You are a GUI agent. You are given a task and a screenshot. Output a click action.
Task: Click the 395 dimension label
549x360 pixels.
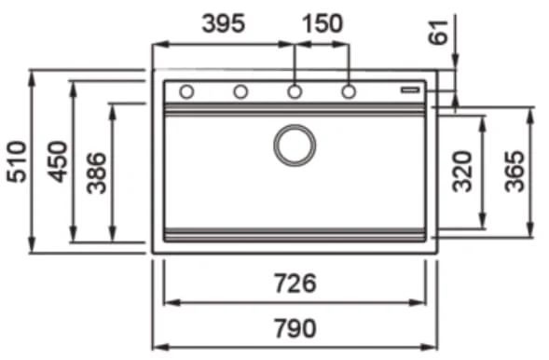[224, 23]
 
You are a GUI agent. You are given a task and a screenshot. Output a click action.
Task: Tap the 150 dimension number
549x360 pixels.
[323, 23]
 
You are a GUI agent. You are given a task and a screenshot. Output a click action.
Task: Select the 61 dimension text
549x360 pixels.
[438, 33]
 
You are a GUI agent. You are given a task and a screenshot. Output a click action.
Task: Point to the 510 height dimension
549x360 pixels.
[17, 161]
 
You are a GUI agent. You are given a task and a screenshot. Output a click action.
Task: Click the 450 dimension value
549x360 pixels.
[58, 161]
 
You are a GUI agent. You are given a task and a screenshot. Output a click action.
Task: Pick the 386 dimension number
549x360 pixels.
[97, 173]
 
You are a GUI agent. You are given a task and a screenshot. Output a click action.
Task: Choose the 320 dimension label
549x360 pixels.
[462, 172]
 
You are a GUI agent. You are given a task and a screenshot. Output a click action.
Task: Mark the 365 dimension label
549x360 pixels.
[515, 172]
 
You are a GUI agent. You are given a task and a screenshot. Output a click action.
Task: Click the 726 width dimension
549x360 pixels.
[295, 284]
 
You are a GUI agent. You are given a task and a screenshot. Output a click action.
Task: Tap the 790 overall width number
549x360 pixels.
[295, 328]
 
